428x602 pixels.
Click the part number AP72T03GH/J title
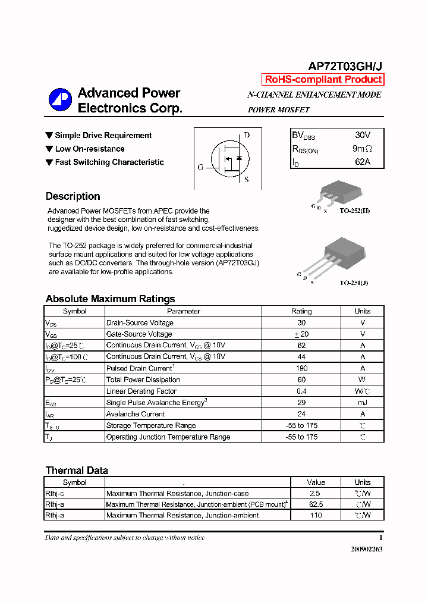(344, 67)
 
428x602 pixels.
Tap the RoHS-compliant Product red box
(323, 80)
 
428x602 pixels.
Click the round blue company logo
(59, 99)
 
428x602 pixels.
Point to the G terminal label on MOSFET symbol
(200, 167)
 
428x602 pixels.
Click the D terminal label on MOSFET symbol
(247, 135)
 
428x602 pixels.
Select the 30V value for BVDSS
(363, 136)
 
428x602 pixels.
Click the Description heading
(73, 196)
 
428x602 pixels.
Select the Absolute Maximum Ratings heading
(110, 299)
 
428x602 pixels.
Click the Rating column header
(301, 311)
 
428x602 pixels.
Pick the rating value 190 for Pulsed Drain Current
(301, 368)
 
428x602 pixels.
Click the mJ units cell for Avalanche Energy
(362, 403)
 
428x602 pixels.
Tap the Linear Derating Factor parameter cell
(141, 391)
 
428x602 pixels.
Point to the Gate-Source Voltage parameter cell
(139, 334)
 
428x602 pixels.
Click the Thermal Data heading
(77, 471)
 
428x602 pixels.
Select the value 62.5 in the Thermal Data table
(316, 504)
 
